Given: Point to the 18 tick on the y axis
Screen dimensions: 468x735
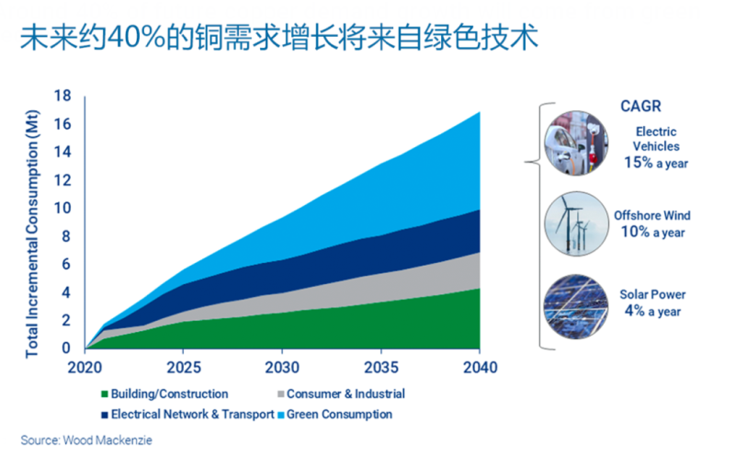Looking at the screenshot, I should click(63, 96).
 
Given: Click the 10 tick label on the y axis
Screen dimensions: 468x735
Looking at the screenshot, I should click(63, 208).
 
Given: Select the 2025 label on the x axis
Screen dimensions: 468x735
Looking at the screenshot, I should click(184, 368).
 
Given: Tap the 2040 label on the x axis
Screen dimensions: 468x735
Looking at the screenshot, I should click(479, 368).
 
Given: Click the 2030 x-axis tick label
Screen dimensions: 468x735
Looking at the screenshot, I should click(282, 368).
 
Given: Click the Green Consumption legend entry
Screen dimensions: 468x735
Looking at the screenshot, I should click(339, 414).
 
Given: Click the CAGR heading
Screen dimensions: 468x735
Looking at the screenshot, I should click(641, 107).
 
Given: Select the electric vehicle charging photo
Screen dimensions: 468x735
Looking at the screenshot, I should click(575, 143).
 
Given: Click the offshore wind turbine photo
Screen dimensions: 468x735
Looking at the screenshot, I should click(575, 223).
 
